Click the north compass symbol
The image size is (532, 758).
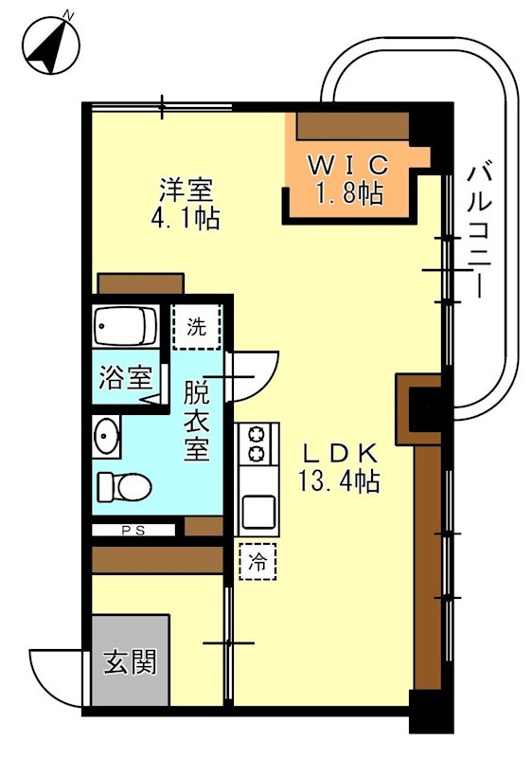pos(50,44)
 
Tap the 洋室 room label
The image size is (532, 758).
pos(186,189)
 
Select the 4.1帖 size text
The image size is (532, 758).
pos(186,220)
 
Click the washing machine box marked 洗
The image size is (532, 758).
pos(196,329)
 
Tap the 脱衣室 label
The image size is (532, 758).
pos(196,420)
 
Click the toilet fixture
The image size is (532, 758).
pos(123,487)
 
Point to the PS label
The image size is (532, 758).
pos(133,531)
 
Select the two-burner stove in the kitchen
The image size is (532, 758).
pos(257,443)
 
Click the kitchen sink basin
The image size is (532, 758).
pos(257,509)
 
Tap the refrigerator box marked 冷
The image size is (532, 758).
pos(257,561)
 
